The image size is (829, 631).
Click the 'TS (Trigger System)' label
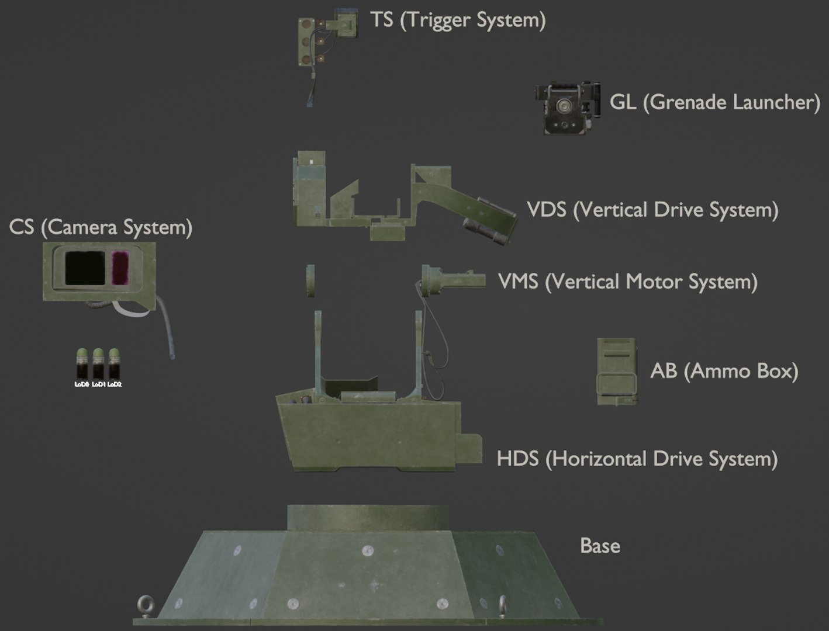point(458,20)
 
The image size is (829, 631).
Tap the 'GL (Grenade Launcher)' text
point(714,103)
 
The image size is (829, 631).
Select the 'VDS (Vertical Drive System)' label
point(652,210)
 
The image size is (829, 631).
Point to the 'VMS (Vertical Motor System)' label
point(627,282)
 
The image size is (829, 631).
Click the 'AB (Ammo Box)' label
point(724,371)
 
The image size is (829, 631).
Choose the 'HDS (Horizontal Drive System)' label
point(637,459)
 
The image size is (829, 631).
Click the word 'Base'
point(600,546)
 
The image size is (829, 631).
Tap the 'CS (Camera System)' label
point(101,227)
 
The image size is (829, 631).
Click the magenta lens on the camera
point(120,268)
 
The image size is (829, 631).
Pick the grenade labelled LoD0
point(82,363)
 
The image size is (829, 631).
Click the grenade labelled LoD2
point(115,363)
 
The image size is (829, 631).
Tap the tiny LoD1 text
point(98,384)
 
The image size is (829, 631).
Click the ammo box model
point(616,372)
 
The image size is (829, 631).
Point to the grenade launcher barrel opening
point(563,108)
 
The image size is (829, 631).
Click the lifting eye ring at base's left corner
point(143,602)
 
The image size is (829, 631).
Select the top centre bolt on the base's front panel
point(367,550)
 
